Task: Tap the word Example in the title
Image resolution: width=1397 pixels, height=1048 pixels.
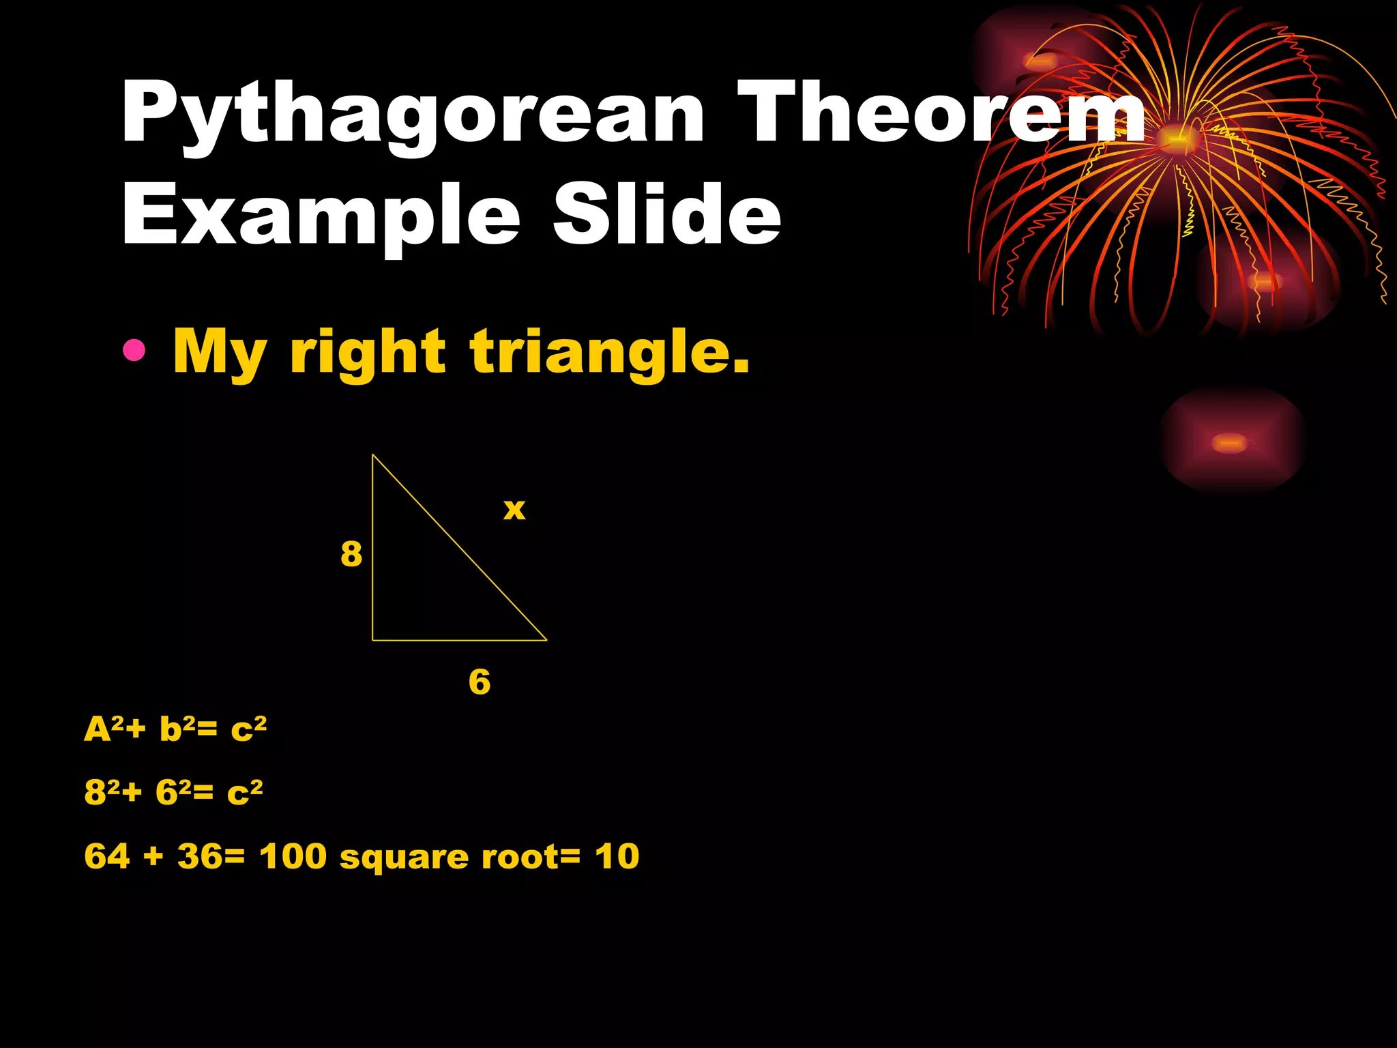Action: [321, 217]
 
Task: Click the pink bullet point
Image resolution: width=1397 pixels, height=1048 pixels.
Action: [134, 350]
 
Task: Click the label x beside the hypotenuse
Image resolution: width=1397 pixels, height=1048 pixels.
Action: [514, 509]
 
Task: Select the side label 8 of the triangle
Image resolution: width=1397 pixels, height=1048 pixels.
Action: [351, 553]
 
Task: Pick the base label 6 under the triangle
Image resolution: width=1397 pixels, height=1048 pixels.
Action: [480, 682]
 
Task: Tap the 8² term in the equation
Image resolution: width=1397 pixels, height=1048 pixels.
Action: [102, 792]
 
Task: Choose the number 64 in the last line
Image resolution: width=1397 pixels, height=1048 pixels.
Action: [106, 856]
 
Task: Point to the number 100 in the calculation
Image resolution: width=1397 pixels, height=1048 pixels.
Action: [293, 856]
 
